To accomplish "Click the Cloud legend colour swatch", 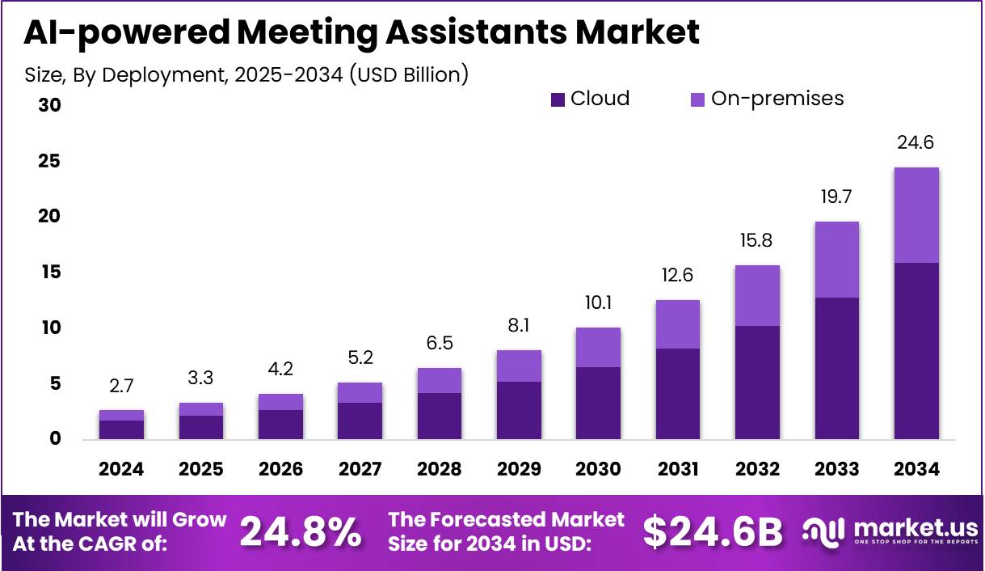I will (558, 99).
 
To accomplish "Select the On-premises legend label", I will (777, 99).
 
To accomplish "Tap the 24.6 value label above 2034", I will (916, 143).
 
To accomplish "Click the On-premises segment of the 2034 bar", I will (916, 215).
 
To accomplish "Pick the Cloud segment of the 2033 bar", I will (836, 368).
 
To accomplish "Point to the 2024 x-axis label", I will (121, 469).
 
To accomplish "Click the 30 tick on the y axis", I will (49, 106).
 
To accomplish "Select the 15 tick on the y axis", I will (49, 273).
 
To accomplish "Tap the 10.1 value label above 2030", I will (598, 302).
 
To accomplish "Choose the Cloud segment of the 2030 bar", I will (598, 403).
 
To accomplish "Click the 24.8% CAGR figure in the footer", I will (301, 531).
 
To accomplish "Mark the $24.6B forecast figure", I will (713, 531).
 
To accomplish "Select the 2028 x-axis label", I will (440, 469).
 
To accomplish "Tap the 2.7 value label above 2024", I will (121, 386).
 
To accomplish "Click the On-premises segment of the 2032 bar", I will (757, 295).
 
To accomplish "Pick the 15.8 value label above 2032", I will (757, 241).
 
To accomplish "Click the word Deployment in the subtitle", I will (163, 75).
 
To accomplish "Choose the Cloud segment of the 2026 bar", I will (280, 425).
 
